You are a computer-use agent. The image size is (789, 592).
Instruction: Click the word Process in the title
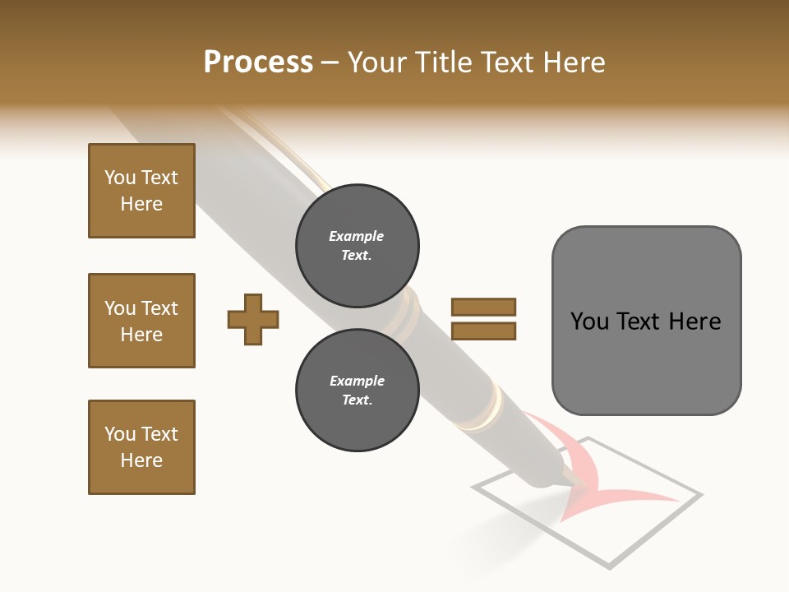click(x=258, y=62)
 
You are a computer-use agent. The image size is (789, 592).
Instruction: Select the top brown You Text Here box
click(x=141, y=191)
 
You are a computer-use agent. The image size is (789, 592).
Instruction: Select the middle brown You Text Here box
click(x=141, y=321)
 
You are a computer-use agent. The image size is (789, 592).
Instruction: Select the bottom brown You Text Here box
click(x=141, y=447)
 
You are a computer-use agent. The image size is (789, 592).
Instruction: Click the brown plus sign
click(x=253, y=318)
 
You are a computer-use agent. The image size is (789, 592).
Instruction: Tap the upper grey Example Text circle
click(x=357, y=246)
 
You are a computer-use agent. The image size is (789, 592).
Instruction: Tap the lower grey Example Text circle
click(x=357, y=391)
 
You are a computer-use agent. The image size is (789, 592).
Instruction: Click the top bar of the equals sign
click(x=483, y=307)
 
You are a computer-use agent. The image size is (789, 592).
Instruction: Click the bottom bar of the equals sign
click(x=483, y=331)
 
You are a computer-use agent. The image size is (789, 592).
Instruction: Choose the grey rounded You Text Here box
click(x=646, y=321)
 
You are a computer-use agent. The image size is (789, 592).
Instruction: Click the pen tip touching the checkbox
click(x=568, y=483)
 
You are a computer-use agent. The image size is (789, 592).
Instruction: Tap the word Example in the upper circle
click(x=357, y=236)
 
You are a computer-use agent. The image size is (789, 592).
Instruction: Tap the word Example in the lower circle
click(x=357, y=381)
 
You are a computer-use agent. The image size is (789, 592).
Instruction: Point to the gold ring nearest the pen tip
click(x=487, y=411)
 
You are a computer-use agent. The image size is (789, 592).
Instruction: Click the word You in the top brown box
click(x=120, y=178)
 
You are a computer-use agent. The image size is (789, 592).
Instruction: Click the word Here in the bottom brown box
click(x=141, y=460)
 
